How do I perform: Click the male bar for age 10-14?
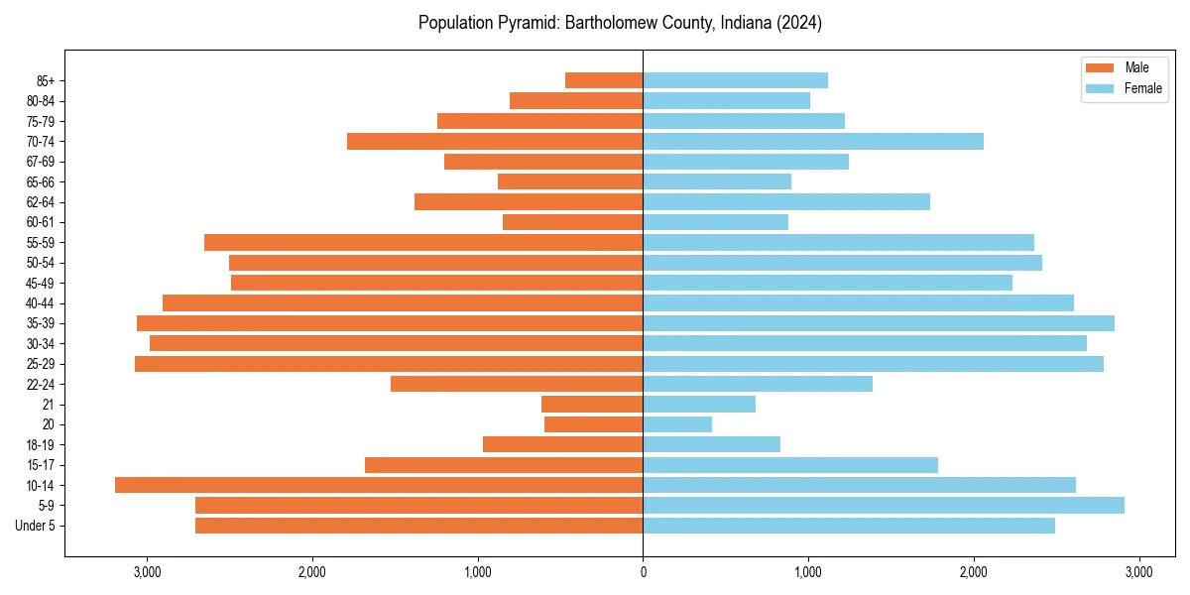[x=379, y=485]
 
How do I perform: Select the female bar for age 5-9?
[x=884, y=505]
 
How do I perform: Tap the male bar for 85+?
[x=604, y=80]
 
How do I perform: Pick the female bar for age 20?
[x=677, y=424]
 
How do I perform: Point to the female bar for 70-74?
[x=813, y=141]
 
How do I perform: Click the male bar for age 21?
[x=592, y=404]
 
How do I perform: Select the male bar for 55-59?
[x=423, y=242]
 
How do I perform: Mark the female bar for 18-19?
[x=712, y=444]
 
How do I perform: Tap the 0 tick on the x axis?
[x=643, y=572]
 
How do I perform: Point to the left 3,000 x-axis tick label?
[x=147, y=572]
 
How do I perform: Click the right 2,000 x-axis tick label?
[x=974, y=572]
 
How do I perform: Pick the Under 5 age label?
[x=36, y=526]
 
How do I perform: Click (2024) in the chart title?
[x=799, y=23]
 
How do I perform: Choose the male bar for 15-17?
[x=504, y=465]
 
